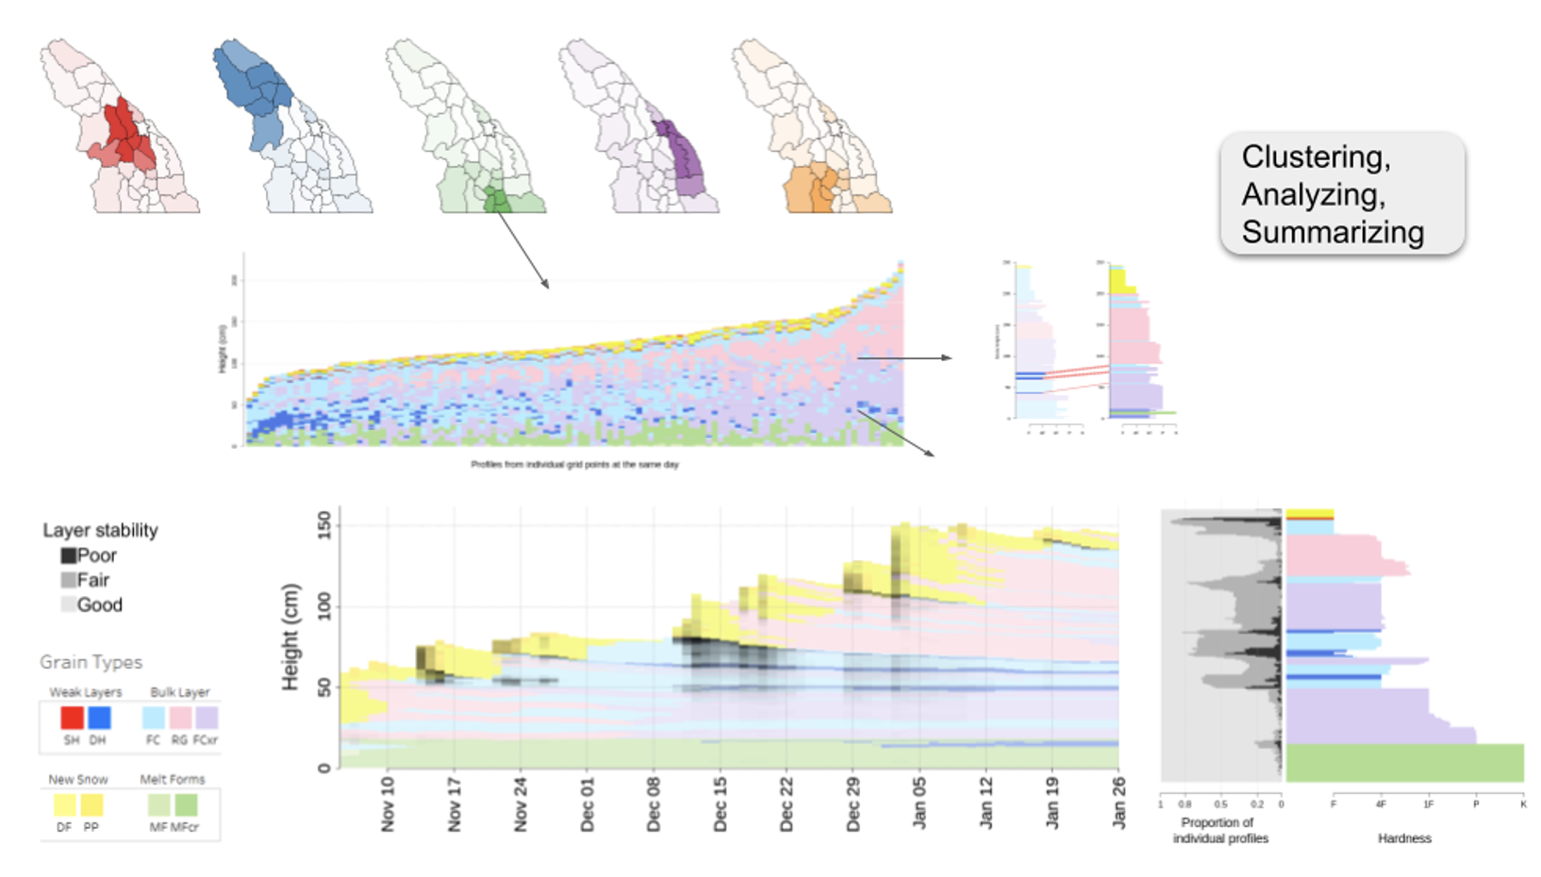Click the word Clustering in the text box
1315,157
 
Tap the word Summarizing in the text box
1332,232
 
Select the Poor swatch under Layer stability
69,555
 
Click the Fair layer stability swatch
69,580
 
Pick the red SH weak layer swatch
72,718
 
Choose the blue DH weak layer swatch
99,718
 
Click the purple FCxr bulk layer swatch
207,718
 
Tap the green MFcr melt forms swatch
186,805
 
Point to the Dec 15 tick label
721,804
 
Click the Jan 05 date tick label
920,804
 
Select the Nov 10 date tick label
388,804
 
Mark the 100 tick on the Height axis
324,606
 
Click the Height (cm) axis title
290,637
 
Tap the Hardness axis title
1404,838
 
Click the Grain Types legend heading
91,662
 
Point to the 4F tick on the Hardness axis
1381,804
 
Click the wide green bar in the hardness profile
1404,763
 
